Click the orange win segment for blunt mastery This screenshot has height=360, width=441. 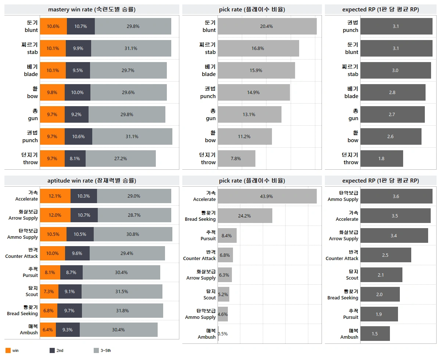coord(53,26)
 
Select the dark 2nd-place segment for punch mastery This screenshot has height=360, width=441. coord(78,137)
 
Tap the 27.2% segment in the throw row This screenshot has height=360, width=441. coord(121,159)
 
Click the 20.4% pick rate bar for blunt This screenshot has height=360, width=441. coord(267,26)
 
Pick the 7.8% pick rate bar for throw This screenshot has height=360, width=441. coord(236,159)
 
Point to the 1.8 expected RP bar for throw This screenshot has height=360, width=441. coord(381,159)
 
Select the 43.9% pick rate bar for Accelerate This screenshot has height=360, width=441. coord(267,196)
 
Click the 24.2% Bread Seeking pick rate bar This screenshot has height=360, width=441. coord(245,216)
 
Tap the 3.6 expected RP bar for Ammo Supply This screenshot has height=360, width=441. coord(396,196)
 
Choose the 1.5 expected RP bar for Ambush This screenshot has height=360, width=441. coord(375,334)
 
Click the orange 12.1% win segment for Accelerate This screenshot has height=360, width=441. coord(55,196)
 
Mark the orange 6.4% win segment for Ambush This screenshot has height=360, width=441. coord(48,330)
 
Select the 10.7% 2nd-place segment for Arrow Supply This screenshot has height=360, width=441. coord(84,215)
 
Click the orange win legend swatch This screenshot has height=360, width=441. coord(8,350)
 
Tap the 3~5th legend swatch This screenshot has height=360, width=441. coord(96,350)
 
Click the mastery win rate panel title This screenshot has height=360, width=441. coord(92,10)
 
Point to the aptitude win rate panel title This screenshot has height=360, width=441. coord(92,180)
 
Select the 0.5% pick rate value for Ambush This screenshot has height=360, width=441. coord(222,334)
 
